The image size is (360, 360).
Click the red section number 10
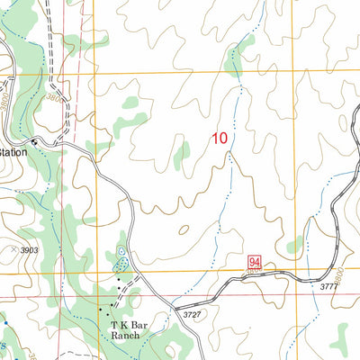pos(219,139)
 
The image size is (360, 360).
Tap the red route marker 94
pos(255,262)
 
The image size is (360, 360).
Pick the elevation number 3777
pos(331,287)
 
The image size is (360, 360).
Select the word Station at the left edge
pos(14,153)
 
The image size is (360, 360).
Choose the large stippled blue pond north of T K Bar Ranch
pos(120,265)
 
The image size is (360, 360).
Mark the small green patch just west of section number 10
pos(182,155)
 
